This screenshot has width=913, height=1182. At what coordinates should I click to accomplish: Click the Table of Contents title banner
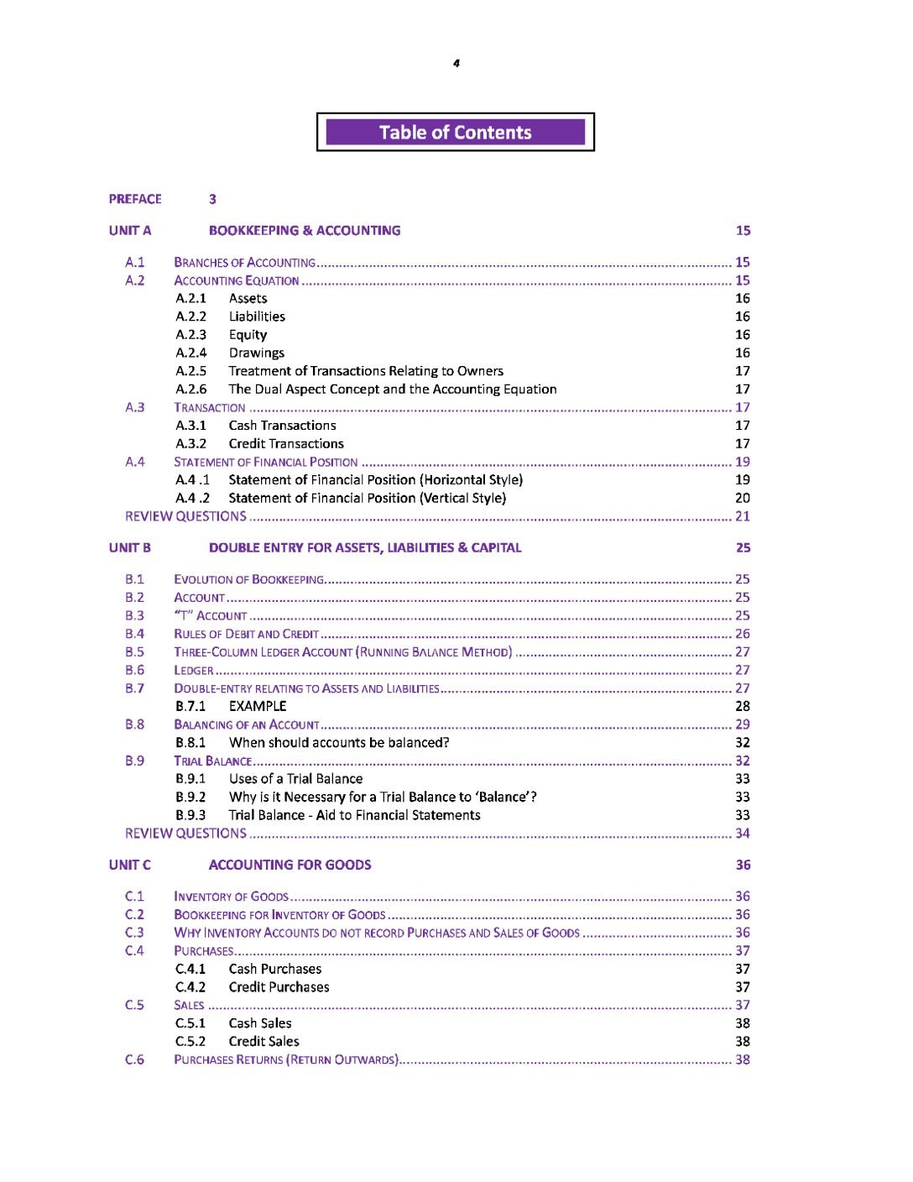[455, 133]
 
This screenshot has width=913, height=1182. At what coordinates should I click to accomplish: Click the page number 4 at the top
[456, 64]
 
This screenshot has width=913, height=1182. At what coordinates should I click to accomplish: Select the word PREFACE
[135, 199]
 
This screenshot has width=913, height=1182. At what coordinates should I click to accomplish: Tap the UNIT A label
[130, 231]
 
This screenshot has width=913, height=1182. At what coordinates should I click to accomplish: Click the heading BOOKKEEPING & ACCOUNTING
[305, 231]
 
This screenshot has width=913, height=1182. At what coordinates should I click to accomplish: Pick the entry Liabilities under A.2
[257, 316]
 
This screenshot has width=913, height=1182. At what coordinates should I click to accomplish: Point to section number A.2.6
[191, 390]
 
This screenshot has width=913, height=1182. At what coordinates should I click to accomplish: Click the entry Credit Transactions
[286, 444]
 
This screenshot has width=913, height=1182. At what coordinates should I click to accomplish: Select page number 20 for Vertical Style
[743, 499]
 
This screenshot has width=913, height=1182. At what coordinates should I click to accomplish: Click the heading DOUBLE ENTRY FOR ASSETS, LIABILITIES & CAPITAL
[365, 548]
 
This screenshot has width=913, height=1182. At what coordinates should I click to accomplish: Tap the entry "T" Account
[211, 616]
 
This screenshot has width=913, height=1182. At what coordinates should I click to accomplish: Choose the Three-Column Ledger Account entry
[342, 652]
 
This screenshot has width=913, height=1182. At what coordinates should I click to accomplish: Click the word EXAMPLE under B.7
[258, 707]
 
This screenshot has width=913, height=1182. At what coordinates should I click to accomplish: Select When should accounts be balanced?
[339, 743]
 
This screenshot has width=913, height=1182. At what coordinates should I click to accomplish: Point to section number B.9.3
[190, 815]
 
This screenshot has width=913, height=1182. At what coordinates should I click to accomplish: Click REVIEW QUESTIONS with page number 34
[186, 834]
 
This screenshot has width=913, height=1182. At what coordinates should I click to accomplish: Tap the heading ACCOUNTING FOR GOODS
[290, 866]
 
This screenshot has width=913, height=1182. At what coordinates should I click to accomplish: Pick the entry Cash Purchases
[275, 970]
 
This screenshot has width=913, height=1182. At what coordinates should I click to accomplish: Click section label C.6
[134, 1060]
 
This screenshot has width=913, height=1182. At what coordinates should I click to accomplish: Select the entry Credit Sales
[263, 1042]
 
